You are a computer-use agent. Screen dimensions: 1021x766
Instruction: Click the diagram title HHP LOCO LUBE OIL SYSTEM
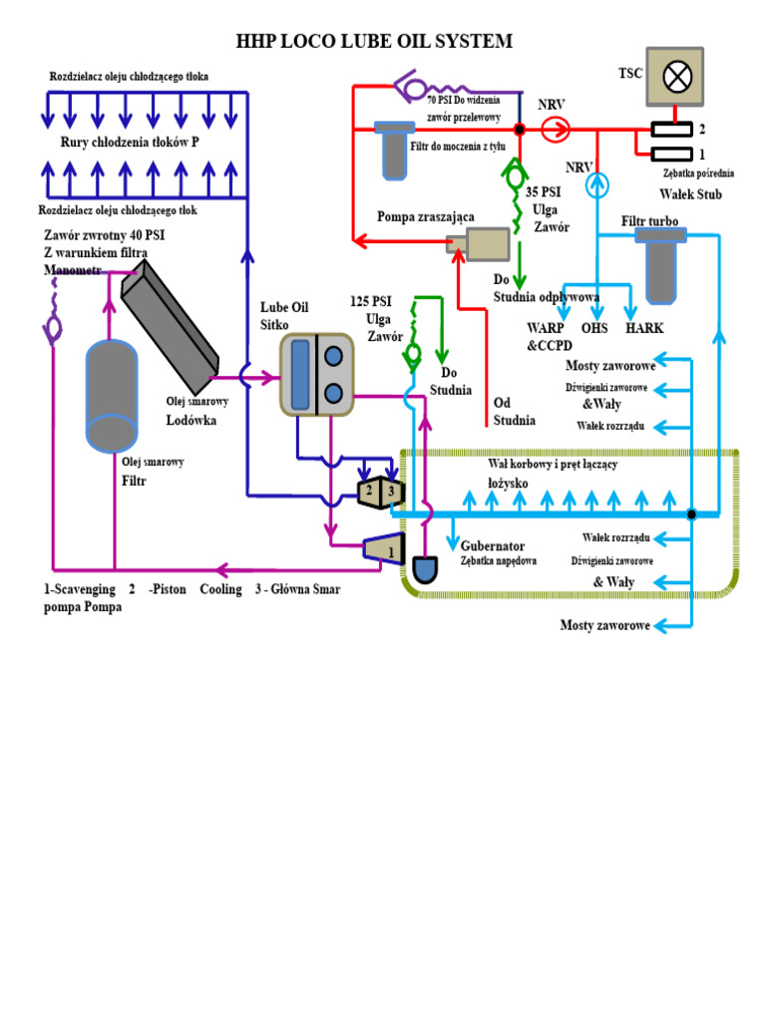[x=374, y=42]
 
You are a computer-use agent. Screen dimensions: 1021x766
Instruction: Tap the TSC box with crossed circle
[x=674, y=76]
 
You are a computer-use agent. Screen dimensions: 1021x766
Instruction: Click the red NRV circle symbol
[x=556, y=128]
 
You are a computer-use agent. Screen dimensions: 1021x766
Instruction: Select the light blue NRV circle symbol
[x=595, y=182]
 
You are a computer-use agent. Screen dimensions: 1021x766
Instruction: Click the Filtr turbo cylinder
[x=661, y=263]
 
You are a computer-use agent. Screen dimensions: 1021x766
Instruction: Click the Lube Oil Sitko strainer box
[x=316, y=374]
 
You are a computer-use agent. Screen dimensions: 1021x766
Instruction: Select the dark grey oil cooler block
[x=170, y=324]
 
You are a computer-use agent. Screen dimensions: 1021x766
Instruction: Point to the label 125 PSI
[x=370, y=301]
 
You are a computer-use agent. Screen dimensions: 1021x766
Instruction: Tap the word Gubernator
[x=493, y=545]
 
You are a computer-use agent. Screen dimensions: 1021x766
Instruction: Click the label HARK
[x=644, y=327]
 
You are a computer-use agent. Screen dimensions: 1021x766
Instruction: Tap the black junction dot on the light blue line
[x=690, y=514]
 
